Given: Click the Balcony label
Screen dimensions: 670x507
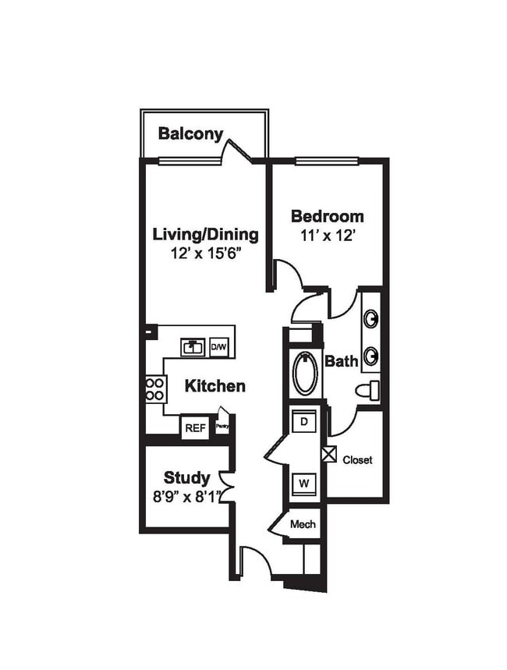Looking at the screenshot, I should point(190,133).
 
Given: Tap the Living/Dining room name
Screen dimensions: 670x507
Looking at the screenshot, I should point(205,234).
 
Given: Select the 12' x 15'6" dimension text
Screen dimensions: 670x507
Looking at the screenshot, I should point(205,253).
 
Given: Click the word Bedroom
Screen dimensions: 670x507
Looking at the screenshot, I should point(327,216).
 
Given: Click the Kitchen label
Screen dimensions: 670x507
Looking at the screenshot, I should point(215,386).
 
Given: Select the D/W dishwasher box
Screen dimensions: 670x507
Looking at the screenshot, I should point(220,347).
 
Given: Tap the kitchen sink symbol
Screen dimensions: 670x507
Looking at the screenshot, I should point(193,346).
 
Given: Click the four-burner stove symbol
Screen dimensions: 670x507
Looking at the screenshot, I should point(155,388).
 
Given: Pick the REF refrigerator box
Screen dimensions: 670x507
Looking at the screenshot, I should point(195,428).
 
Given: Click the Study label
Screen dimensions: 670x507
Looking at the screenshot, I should point(186,477).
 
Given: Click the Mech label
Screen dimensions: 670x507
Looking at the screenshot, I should point(303,524).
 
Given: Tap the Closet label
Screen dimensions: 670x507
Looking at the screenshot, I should point(357,460).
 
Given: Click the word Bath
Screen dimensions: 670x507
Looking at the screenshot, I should point(341,362).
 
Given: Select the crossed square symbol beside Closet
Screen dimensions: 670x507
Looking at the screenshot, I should point(328,453).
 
